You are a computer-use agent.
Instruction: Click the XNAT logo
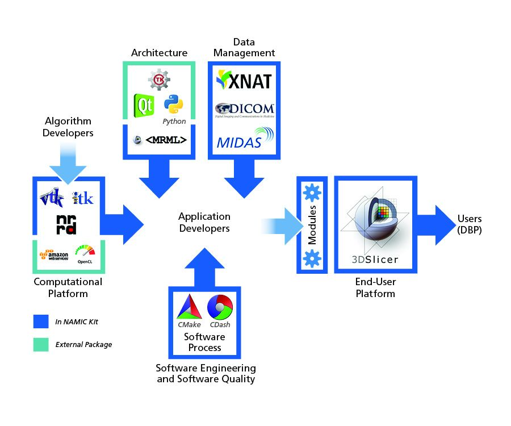pos(244,81)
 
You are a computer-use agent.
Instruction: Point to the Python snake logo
pos(173,104)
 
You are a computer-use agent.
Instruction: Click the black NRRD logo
pos(66,224)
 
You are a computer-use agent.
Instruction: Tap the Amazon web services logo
pos(54,252)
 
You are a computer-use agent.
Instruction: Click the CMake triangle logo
pos(189,310)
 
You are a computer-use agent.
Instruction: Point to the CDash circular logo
pos(219,309)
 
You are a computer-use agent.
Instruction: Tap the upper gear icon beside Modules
pos(312,193)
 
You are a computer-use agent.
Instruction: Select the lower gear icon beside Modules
pos(312,258)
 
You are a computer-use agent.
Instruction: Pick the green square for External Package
pos(41,344)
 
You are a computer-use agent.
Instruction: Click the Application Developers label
pos(204,222)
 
